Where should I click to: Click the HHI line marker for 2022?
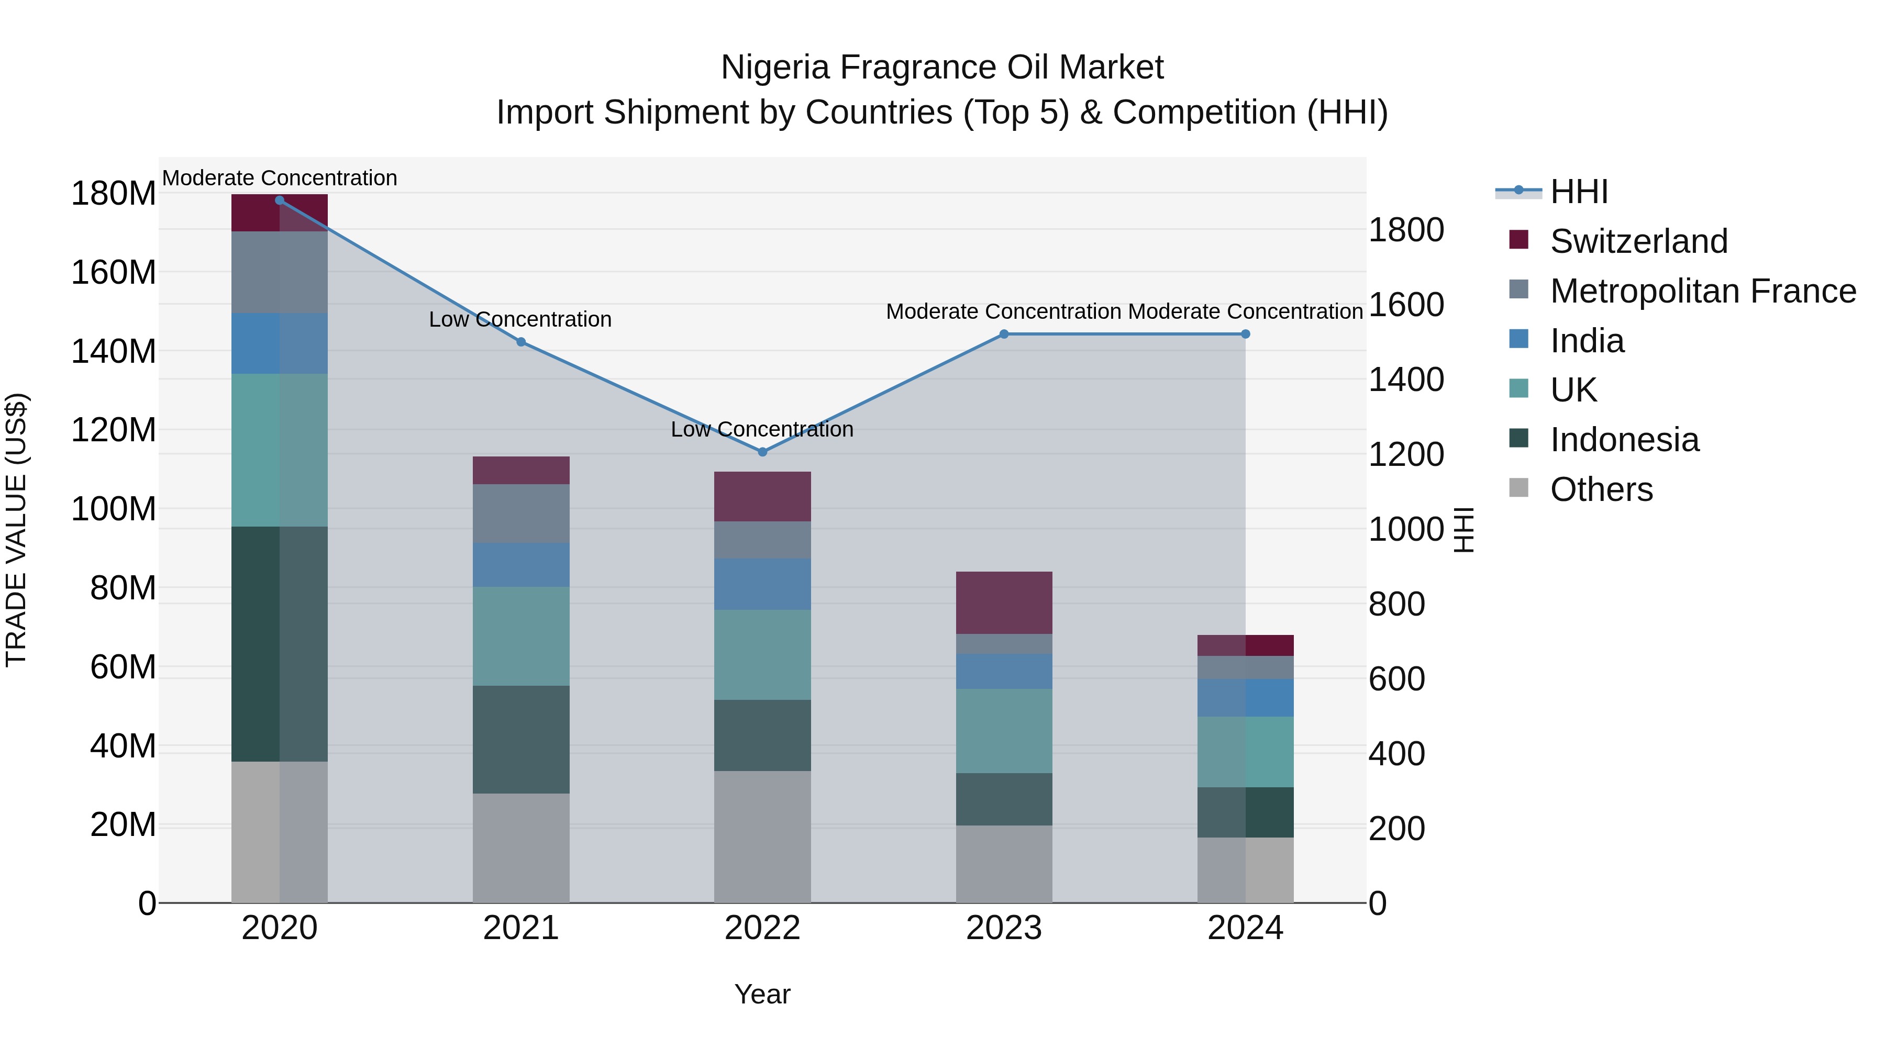(762, 452)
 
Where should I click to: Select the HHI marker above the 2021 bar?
(521, 342)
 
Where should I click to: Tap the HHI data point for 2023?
(1004, 334)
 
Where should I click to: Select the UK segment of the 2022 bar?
(762, 655)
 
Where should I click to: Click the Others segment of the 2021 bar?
(521, 848)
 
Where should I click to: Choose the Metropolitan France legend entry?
(1703, 291)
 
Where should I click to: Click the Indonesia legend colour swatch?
(1518, 438)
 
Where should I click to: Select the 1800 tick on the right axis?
(1406, 230)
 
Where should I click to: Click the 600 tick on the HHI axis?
(1396, 679)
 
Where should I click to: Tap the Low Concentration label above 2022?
(762, 429)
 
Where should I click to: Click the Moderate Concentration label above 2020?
(280, 178)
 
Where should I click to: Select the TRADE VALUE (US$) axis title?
(16, 530)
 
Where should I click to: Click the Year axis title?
(762, 994)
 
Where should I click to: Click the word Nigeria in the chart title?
(775, 68)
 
